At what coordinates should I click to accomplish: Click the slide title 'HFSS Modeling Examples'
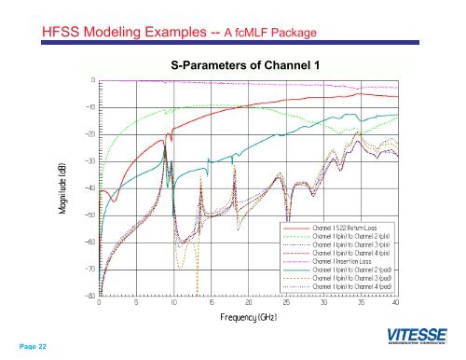[x=125, y=34]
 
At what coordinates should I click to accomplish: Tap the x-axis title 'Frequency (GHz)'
[x=247, y=318]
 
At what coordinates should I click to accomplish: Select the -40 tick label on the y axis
[x=89, y=187]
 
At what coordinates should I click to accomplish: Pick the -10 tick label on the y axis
[x=89, y=106]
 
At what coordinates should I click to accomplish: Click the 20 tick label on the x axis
[x=249, y=302]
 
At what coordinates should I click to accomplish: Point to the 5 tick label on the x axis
[x=136, y=302]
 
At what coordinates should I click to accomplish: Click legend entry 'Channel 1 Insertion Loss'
[x=339, y=261]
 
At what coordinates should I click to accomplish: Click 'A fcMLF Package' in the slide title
[x=274, y=35]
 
